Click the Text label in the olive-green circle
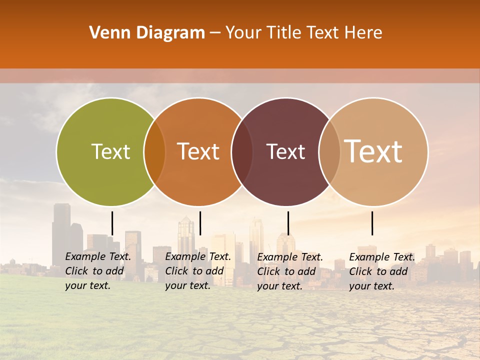point(110,151)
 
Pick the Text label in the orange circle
point(198,151)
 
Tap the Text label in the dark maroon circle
point(286,151)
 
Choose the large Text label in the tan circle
point(373,151)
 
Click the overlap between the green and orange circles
point(154,152)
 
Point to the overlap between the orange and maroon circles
point(242,152)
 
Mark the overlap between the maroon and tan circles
point(329,152)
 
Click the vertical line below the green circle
point(112,223)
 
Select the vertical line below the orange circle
point(200,223)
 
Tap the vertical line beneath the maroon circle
point(288,223)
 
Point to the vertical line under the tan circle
point(372,223)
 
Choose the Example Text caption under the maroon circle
point(290,271)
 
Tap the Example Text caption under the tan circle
point(382,271)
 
